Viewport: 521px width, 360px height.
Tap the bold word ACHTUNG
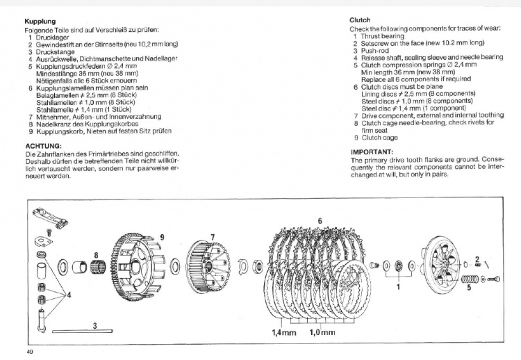42,145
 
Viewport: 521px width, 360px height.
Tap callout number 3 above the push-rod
94,325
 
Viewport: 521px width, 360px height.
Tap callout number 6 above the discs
319,220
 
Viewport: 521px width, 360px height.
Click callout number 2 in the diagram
477,259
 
